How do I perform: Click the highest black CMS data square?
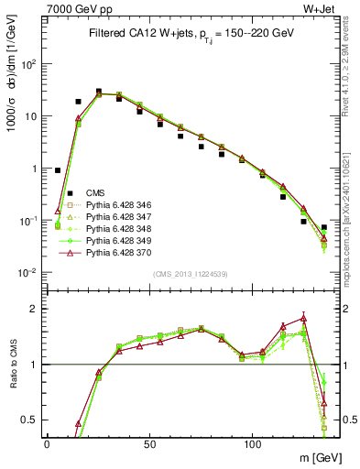[x=99, y=92]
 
